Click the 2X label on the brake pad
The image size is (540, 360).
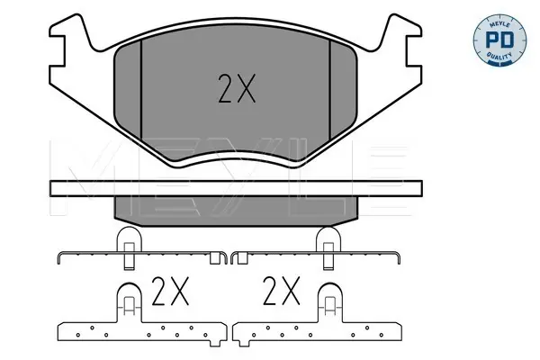point(237,88)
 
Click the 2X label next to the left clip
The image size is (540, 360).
point(170,291)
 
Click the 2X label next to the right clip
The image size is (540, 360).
point(282,291)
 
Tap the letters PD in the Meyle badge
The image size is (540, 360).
point(499,40)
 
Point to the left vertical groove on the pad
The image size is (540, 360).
point(141,90)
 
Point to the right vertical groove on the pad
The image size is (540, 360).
point(330,90)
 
